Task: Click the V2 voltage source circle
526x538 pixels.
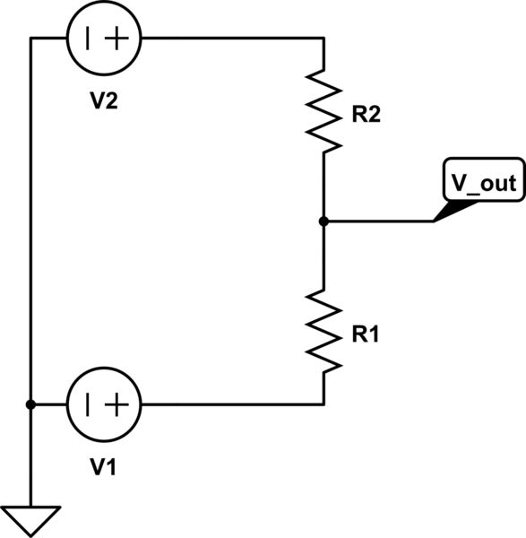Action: [104, 38]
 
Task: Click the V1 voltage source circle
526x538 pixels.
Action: [104, 404]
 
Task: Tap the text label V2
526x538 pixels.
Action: [104, 100]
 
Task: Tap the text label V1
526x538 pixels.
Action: [104, 467]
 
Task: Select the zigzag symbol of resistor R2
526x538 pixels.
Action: [323, 110]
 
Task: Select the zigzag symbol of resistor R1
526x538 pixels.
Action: [323, 331]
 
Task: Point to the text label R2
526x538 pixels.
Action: [366, 115]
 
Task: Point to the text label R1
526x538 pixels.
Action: [366, 334]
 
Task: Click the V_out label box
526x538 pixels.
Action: [483, 182]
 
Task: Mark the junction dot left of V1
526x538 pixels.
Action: [30, 404]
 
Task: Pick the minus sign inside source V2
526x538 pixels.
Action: [88, 38]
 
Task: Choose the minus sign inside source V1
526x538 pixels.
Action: [88, 404]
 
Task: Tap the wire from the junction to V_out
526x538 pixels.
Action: [376, 221]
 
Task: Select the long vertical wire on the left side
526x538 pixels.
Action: [30, 224]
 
